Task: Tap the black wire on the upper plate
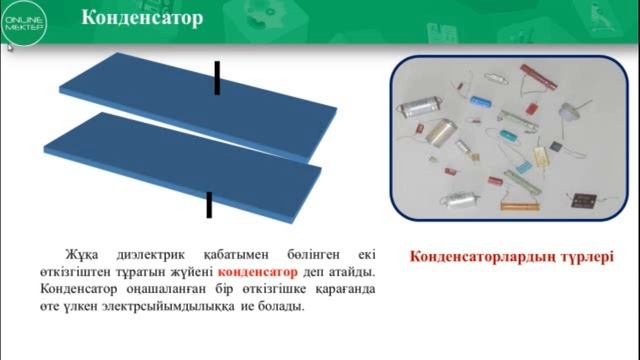pos(216,77)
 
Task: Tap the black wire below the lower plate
pos(209,204)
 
